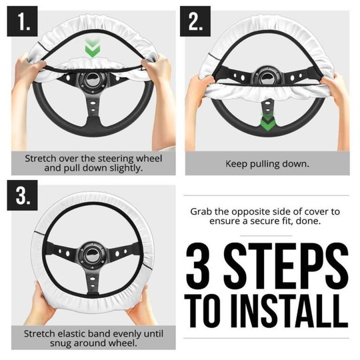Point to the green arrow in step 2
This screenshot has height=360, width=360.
pos(268,123)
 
